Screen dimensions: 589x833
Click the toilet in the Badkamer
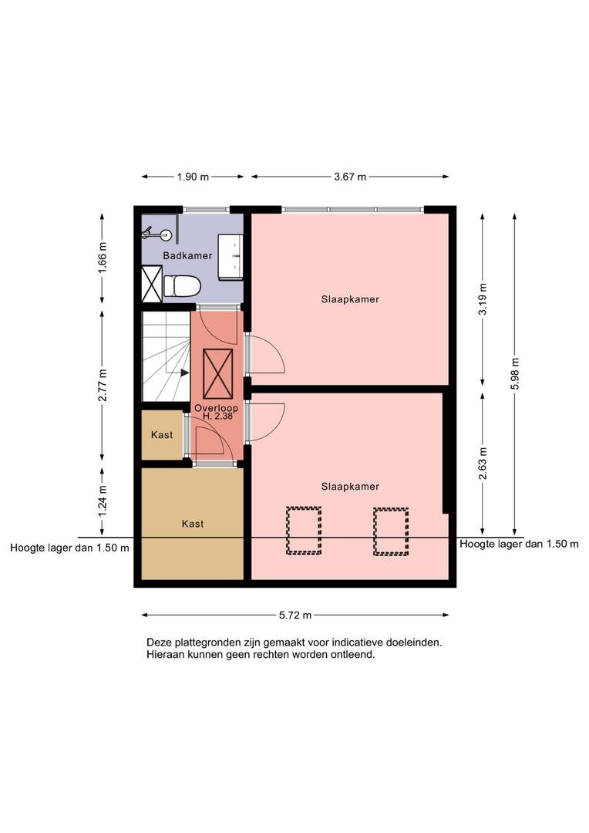point(181,286)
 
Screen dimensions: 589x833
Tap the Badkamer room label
point(187,255)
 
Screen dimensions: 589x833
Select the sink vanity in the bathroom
point(231,256)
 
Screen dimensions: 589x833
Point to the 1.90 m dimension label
point(193,177)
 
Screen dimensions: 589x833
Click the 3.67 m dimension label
point(350,177)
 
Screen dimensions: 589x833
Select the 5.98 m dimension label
point(514,374)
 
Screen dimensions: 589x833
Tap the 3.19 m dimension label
point(483,298)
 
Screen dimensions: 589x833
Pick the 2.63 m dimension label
point(483,464)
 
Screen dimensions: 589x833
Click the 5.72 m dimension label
point(295,615)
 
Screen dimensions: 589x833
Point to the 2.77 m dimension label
point(103,385)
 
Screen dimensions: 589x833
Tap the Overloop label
point(216,408)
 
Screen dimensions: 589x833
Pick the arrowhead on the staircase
point(184,373)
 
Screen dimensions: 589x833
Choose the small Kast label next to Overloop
point(162,434)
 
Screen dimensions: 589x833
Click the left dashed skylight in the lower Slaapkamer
point(304,531)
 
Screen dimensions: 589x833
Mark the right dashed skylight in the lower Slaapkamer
point(391,531)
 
